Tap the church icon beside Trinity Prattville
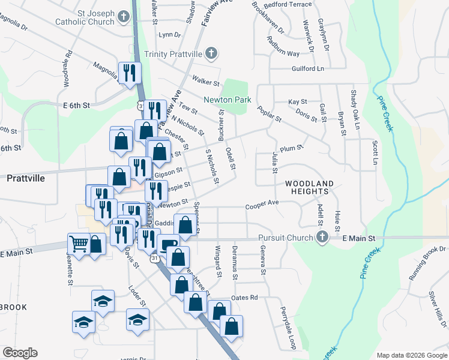point(211,54)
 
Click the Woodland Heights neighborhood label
point(307,187)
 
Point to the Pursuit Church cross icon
point(322,238)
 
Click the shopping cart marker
point(79,243)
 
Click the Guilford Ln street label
point(307,69)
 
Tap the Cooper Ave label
point(262,204)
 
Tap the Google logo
point(20,353)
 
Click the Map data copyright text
point(411,355)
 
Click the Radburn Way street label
point(285,53)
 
